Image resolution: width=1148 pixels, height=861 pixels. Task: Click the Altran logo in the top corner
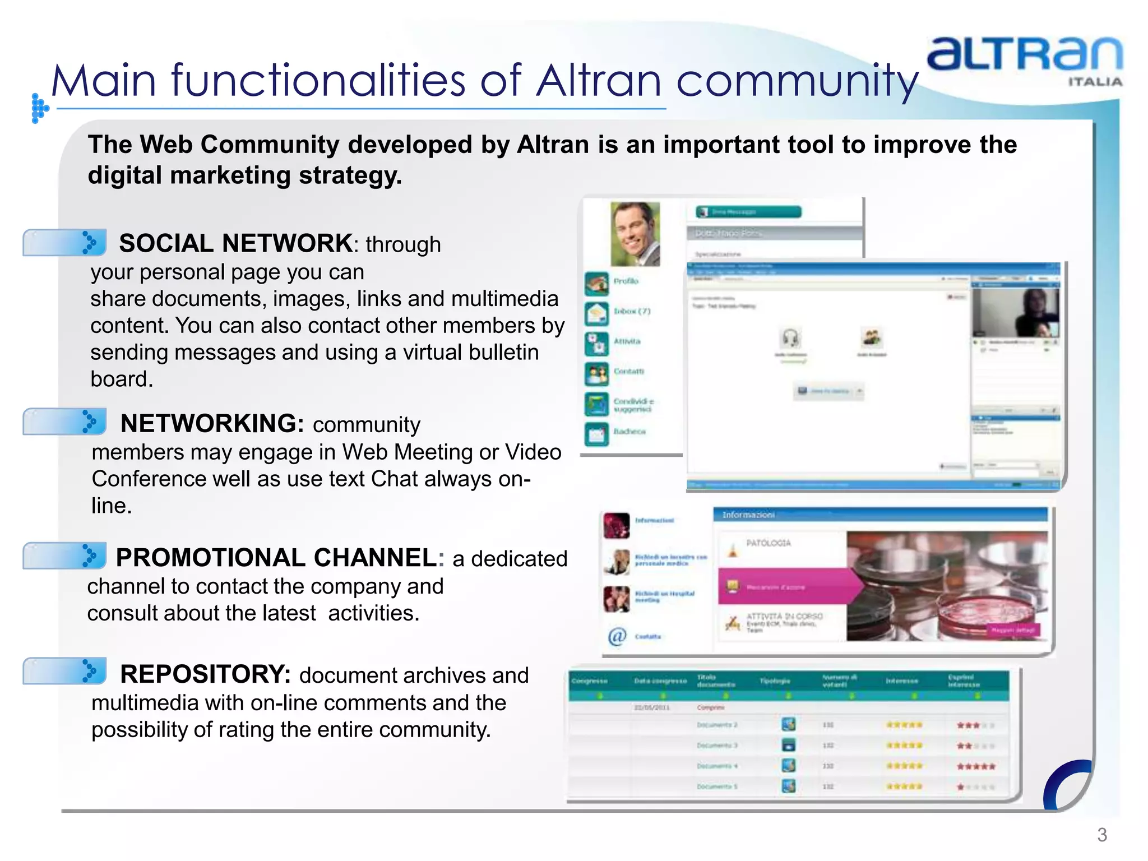pos(1025,54)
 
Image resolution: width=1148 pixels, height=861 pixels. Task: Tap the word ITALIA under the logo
pos(1095,82)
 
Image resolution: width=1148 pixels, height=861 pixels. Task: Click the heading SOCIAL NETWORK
pos(235,243)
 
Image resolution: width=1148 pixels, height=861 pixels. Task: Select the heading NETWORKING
pos(212,423)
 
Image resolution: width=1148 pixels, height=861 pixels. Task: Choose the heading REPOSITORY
pos(205,674)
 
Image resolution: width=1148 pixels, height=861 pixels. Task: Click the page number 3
pos(1101,835)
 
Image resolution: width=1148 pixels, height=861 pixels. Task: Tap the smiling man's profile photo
pos(635,234)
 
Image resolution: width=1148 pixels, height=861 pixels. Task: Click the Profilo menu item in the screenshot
pos(626,281)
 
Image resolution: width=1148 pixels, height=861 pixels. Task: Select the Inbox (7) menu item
pos(631,311)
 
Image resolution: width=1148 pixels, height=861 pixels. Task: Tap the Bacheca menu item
pos(629,432)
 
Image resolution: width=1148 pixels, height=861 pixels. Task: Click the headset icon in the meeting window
pos(790,338)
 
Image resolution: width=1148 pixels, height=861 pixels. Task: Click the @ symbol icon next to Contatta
pos(617,636)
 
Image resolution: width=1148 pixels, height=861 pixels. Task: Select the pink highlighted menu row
pos(785,587)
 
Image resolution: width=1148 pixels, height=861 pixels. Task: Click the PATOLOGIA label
pos(768,543)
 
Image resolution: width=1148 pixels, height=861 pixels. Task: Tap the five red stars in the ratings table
pos(976,766)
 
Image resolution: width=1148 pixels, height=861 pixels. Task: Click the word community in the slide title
pos(797,80)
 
